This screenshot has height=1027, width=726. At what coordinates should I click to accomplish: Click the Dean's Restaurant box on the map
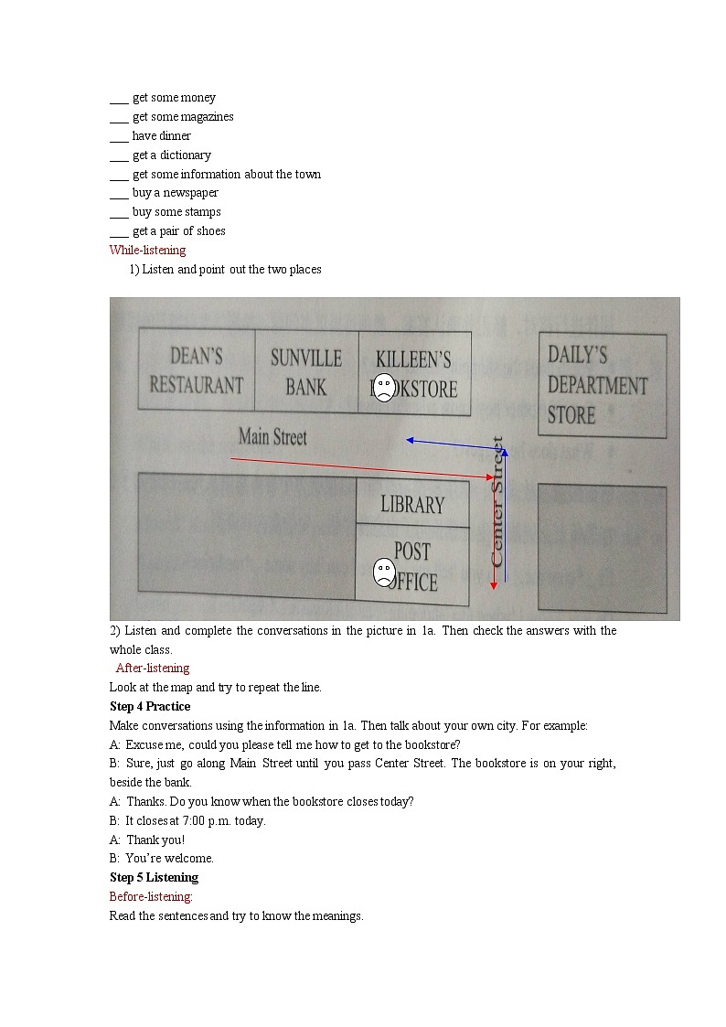[197, 369]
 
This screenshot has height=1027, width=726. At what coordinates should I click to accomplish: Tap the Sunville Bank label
[305, 371]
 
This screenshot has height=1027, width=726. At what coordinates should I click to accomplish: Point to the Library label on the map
[412, 504]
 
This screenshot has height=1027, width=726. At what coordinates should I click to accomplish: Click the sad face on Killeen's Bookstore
[385, 388]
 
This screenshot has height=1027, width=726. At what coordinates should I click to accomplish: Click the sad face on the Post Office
[384, 572]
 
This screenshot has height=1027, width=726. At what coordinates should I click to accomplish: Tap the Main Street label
[272, 437]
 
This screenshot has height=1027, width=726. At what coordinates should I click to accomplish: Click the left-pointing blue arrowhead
[411, 441]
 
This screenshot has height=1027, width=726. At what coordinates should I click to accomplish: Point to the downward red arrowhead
[494, 584]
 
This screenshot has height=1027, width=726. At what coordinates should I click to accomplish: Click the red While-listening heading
[147, 250]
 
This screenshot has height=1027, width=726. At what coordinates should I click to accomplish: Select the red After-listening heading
[153, 668]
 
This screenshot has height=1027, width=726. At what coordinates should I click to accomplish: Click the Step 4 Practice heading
[150, 706]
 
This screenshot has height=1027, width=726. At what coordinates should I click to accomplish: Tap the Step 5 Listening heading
[154, 877]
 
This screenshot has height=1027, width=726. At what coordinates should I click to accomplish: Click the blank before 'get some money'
[118, 98]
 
